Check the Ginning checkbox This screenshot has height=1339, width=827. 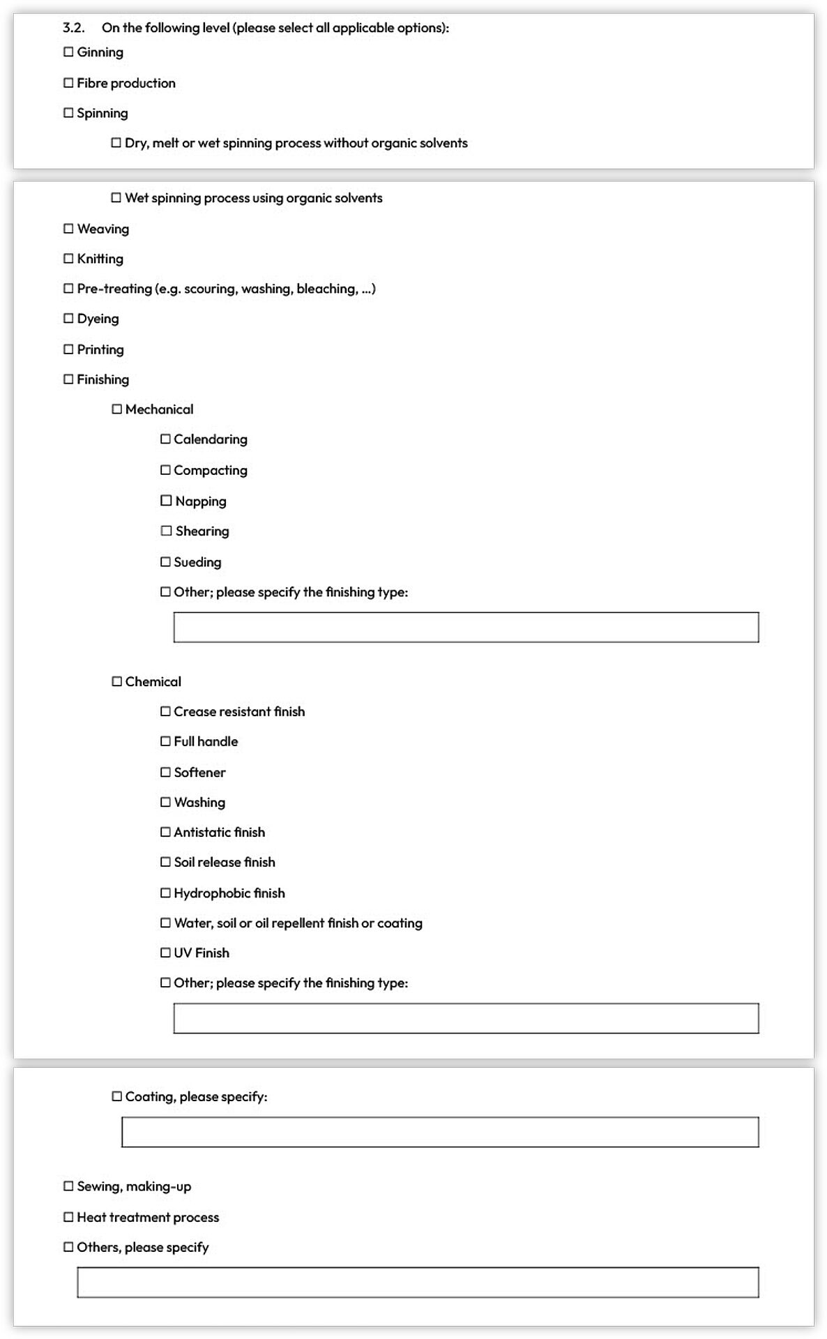click(68, 52)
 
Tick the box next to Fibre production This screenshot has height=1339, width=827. click(68, 83)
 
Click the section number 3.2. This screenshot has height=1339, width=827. click(73, 28)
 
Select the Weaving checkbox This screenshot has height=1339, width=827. click(68, 229)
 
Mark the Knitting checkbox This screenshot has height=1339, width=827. click(68, 259)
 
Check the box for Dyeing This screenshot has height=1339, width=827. click(68, 319)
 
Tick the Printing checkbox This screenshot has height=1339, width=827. click(68, 349)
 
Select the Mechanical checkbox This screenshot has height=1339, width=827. click(117, 409)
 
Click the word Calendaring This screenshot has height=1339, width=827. click(211, 439)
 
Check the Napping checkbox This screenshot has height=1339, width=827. click(166, 501)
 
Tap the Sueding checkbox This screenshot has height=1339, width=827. click(165, 562)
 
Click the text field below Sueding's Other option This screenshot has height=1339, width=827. click(466, 628)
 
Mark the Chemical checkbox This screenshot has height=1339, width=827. click(117, 682)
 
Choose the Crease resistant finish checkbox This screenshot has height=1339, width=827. click(165, 712)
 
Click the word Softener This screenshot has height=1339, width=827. click(200, 773)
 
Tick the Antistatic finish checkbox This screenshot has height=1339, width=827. click(165, 833)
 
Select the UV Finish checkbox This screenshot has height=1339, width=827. click(165, 953)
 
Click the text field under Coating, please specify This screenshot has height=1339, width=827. click(440, 1133)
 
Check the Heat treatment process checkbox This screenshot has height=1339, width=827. click(68, 1218)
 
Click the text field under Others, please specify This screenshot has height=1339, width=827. click(418, 1283)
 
